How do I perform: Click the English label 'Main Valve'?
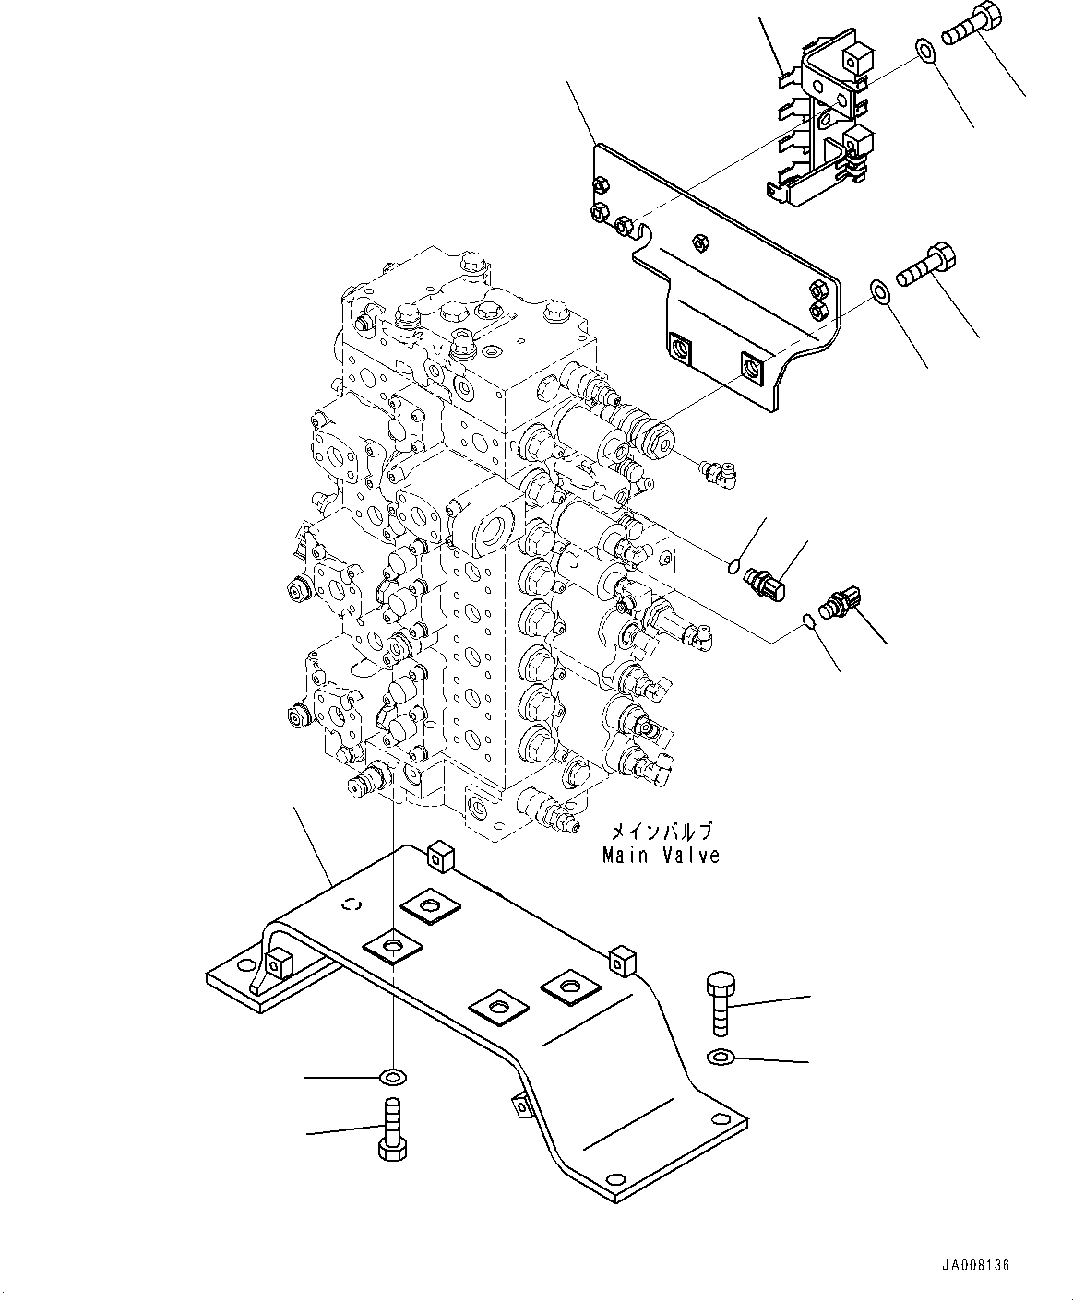(661, 856)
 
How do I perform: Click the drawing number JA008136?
(976, 1266)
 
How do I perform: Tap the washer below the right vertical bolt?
(721, 1056)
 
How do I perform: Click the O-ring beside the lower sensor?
(807, 622)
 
